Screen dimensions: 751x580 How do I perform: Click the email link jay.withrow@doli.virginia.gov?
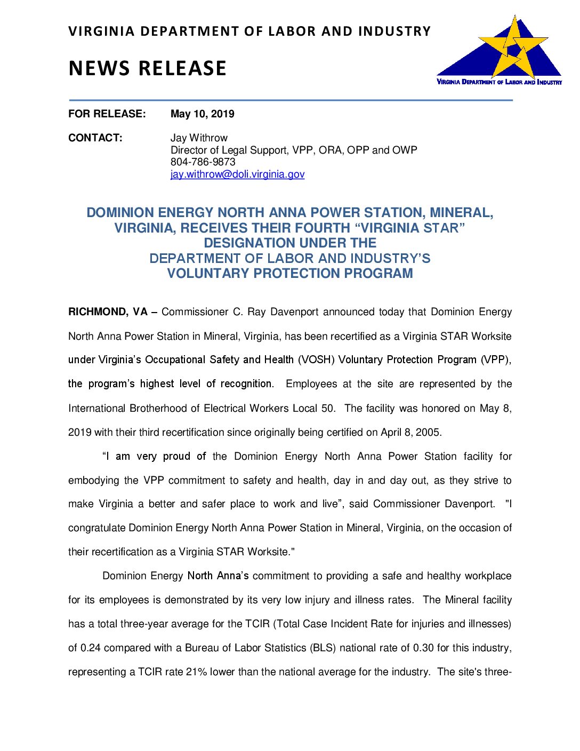pos(237,174)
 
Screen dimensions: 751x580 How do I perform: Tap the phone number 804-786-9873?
pos(203,162)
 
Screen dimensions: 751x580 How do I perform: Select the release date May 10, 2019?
pos(202,114)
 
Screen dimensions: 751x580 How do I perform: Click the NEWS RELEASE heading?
pos(148,68)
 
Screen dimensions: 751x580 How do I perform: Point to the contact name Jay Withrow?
pos(199,138)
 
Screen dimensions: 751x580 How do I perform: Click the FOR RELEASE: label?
pos(107,114)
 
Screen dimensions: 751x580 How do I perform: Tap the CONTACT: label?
pos(95,138)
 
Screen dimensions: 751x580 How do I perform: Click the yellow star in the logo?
pos(513,48)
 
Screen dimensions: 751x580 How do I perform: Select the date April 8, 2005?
pos(410,433)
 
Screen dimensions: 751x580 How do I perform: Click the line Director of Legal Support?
pos(294,150)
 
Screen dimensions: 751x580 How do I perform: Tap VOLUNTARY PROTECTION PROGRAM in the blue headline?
pos(290,274)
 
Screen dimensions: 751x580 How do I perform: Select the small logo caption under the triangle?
pos(499,82)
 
